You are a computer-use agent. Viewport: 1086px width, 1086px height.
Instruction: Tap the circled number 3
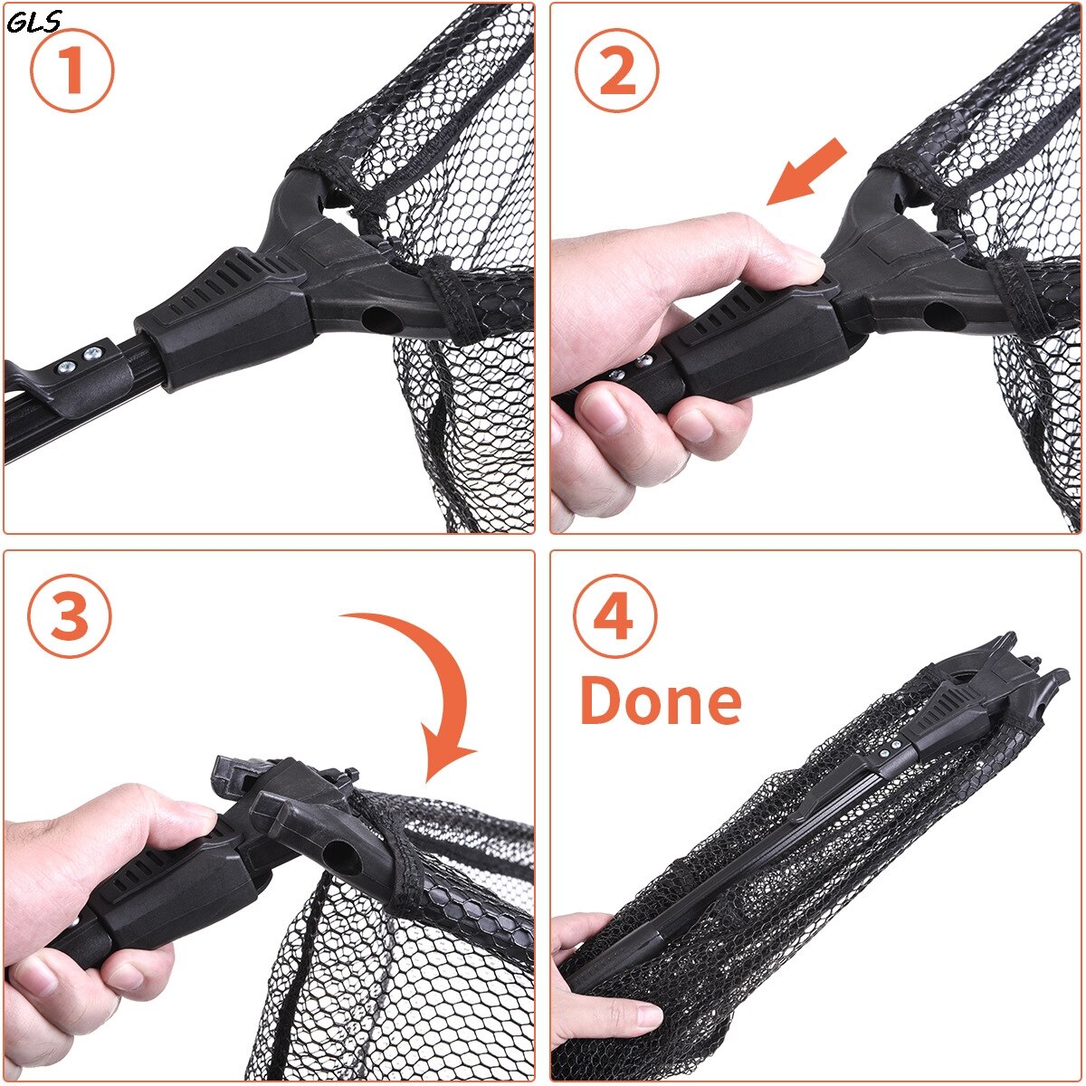pyautogui.click(x=71, y=618)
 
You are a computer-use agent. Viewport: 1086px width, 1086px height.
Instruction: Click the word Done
pyautogui.click(x=660, y=701)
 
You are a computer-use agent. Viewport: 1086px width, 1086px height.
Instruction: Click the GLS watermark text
pyautogui.click(x=33, y=22)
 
